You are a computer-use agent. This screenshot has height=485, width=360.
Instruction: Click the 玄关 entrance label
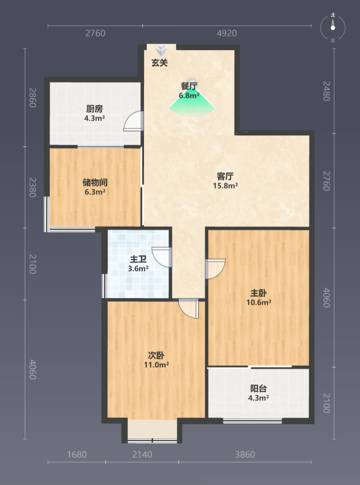(x=159, y=63)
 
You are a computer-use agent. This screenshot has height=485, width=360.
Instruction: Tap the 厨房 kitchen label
(x=94, y=108)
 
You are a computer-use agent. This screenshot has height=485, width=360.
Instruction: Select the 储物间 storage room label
(x=95, y=182)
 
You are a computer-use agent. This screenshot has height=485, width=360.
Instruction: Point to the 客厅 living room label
(x=225, y=176)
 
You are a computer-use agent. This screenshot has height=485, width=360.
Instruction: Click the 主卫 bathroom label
(x=138, y=259)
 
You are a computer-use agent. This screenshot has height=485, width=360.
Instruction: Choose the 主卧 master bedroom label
(x=258, y=293)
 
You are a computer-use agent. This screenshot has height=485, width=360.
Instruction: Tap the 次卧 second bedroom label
(x=156, y=355)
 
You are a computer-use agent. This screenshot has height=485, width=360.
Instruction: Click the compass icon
(x=333, y=27)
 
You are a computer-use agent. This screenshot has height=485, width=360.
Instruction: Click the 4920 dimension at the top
(x=226, y=33)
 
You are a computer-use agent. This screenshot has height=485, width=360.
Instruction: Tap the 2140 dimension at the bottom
(x=142, y=454)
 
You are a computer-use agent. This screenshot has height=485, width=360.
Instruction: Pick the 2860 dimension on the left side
(x=32, y=97)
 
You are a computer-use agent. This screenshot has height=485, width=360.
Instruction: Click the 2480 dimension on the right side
(x=326, y=91)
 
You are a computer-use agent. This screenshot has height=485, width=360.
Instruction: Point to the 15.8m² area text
(x=226, y=186)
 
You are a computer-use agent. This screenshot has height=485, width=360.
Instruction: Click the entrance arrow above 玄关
(x=161, y=51)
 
